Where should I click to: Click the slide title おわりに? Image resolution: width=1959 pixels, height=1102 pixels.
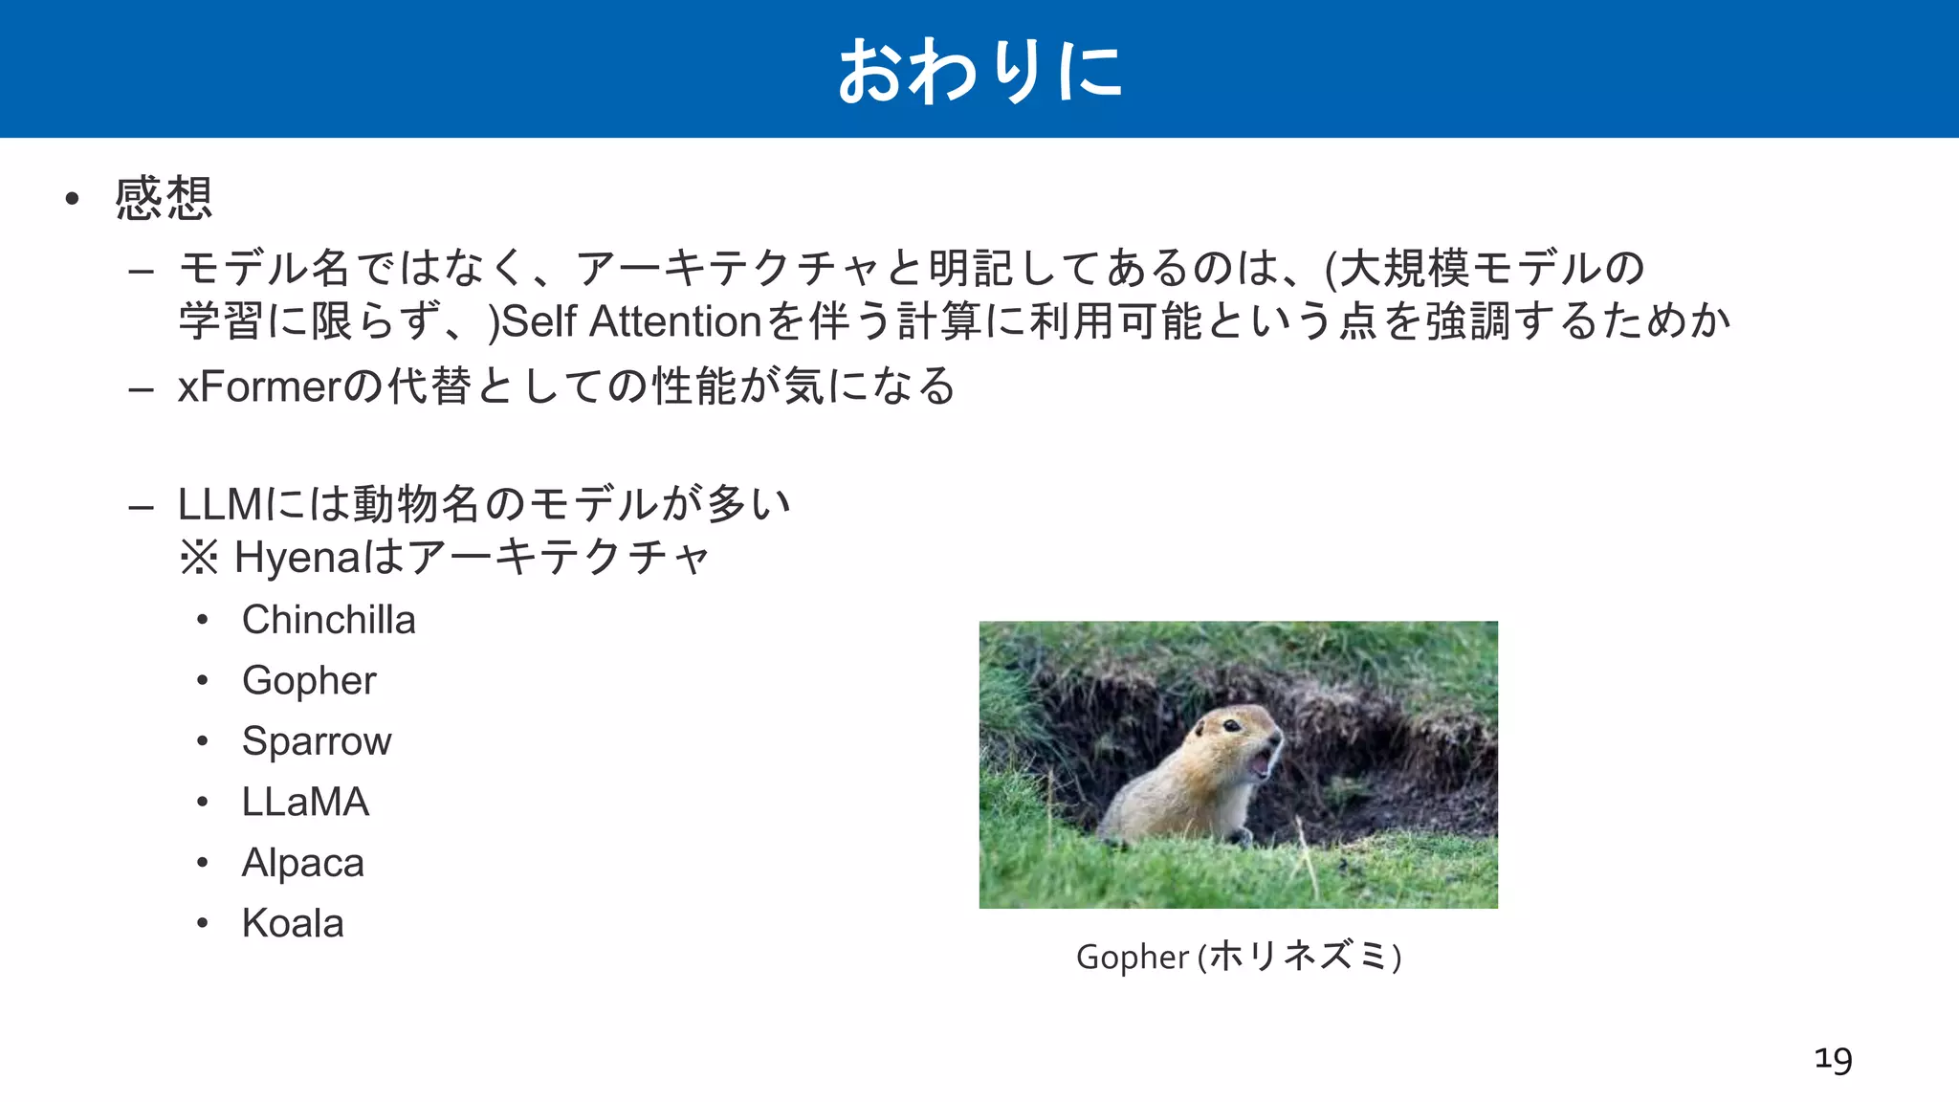979,71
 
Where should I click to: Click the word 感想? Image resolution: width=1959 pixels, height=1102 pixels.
164,199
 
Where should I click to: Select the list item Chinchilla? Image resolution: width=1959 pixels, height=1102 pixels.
328,620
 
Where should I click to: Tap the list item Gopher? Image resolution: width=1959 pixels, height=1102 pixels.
309,681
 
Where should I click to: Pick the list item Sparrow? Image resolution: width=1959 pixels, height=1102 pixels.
317,741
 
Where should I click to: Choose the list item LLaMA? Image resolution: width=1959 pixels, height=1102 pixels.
305,802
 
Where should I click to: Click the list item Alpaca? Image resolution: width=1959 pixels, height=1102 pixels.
302,863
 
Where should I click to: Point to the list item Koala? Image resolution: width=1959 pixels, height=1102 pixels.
293,923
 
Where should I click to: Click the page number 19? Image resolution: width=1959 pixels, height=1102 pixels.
1833,1059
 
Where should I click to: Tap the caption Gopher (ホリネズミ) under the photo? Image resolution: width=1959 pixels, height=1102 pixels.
1238,957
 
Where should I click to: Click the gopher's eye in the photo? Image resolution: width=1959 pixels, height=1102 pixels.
1232,726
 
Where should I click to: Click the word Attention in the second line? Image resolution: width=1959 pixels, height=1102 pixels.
675,321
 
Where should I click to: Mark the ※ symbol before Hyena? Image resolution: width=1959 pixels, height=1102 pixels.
199,557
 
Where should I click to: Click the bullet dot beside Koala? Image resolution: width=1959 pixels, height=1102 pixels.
203,923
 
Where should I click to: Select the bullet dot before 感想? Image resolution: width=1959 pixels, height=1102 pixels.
72,199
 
